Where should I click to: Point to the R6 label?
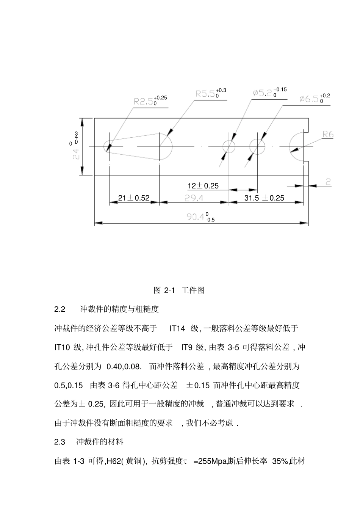pos(327,134)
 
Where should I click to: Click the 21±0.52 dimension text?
pos(134,198)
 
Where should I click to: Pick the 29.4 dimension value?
pos(194,198)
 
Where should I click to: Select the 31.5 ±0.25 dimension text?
pos(264,198)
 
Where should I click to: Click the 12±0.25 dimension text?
pos(203,186)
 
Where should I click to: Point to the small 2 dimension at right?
pos(328,182)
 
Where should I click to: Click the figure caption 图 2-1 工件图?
pos(179,290)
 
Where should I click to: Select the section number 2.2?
pos(60,309)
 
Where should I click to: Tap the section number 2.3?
pos(60,442)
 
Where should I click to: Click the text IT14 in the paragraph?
pos(177,328)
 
